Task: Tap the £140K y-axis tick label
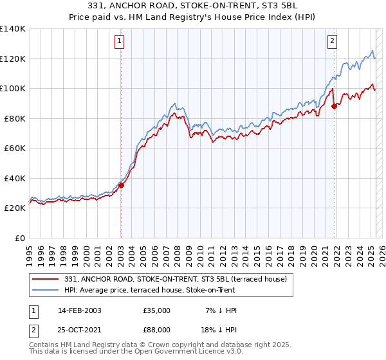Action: click(x=13, y=29)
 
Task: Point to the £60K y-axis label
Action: click(x=15, y=148)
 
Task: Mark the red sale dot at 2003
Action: click(x=121, y=186)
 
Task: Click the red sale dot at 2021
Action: click(x=334, y=107)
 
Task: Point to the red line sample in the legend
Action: click(x=46, y=278)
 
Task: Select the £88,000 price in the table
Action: click(x=157, y=331)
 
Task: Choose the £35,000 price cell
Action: click(x=157, y=310)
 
